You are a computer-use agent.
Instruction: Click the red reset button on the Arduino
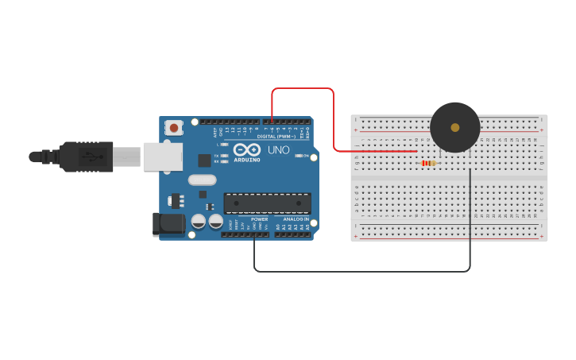point(173,127)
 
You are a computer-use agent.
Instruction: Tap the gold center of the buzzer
point(454,127)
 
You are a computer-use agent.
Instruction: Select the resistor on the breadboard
point(428,163)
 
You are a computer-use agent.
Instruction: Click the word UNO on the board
point(278,149)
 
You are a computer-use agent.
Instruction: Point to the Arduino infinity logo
point(247,149)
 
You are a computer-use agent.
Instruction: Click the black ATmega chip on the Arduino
point(267,203)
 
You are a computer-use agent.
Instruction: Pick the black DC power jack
point(168,223)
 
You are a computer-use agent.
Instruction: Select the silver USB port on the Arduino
point(162,157)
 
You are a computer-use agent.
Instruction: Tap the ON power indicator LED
point(298,156)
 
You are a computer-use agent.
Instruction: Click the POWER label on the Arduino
point(260,219)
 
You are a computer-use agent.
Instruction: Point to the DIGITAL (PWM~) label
point(267,136)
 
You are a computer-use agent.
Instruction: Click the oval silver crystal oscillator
point(203,180)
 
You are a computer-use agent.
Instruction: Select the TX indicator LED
point(225,155)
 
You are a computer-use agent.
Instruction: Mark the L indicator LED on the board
point(225,145)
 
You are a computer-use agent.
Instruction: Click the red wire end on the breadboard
point(416,150)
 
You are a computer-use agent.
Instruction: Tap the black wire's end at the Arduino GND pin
point(254,234)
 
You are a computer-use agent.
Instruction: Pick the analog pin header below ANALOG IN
point(292,234)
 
